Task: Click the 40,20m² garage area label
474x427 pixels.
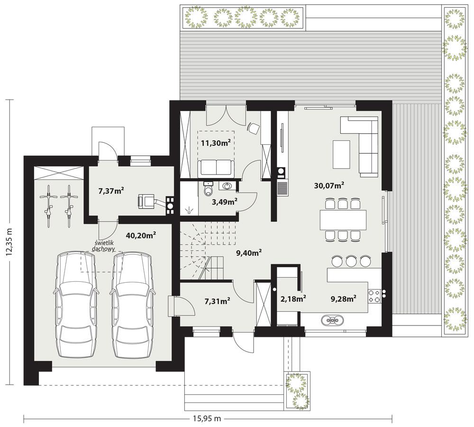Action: (x=141, y=234)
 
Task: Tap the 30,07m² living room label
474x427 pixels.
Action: (x=329, y=186)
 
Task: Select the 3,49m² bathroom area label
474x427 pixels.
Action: (x=224, y=202)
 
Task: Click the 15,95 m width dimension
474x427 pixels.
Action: (x=207, y=418)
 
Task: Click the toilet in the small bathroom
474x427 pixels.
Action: (x=207, y=190)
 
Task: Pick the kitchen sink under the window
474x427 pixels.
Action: (x=331, y=320)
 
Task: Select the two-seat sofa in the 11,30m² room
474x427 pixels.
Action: (x=216, y=167)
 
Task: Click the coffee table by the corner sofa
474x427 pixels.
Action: (x=341, y=154)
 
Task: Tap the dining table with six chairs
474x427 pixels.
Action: (x=344, y=219)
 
